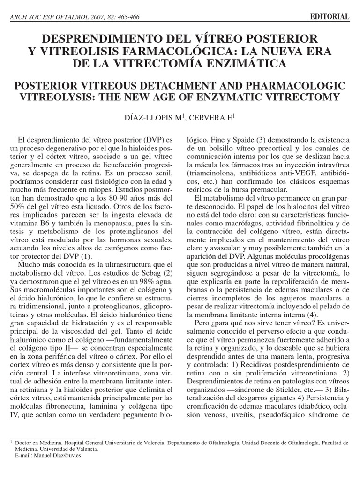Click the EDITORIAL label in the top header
[x=330, y=17]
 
